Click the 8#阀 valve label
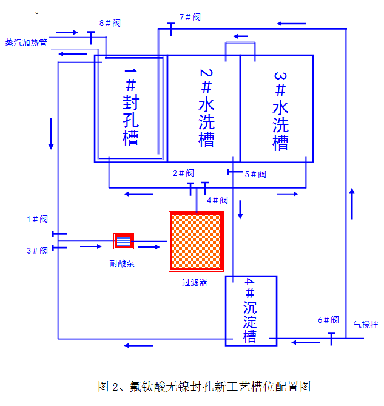click(x=109, y=23)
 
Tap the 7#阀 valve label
click(x=190, y=17)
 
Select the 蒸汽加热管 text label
click(x=26, y=42)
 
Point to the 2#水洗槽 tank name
click(x=206, y=107)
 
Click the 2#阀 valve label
click(x=183, y=173)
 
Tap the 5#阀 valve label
click(x=255, y=174)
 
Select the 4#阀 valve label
click(x=217, y=200)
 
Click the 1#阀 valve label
click(x=37, y=219)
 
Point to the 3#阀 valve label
click(x=37, y=250)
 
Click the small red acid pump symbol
click(x=124, y=241)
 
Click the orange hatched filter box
click(x=196, y=242)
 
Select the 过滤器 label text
click(x=195, y=282)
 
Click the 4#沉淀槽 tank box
click(x=251, y=311)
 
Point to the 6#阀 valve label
click(x=328, y=320)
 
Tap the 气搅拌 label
click(x=365, y=325)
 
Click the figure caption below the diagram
click(x=204, y=387)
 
